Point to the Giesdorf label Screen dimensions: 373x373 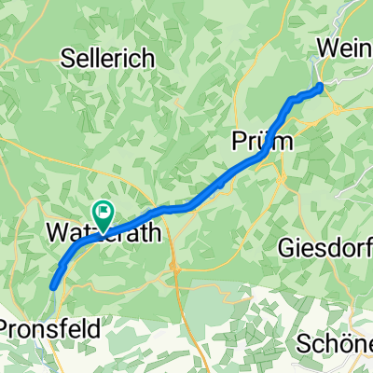pyautogui.click(x=325, y=248)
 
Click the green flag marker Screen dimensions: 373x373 pyautogui.click(x=102, y=214)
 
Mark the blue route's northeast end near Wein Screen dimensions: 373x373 pyautogui.click(x=321, y=87)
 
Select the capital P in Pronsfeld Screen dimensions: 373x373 pyautogui.click(x=7, y=328)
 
